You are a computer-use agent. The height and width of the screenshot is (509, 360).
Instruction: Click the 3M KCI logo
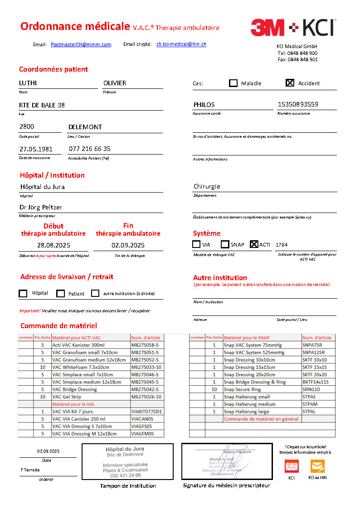(292, 28)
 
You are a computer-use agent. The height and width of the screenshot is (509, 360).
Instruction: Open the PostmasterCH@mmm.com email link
(81, 44)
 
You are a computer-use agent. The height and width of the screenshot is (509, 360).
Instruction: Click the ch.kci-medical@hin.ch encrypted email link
(181, 44)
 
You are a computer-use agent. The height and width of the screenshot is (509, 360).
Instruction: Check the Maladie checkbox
(233, 83)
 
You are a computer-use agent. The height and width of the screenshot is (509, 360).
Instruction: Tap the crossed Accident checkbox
(290, 82)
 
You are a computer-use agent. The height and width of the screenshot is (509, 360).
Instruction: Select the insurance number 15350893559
(297, 104)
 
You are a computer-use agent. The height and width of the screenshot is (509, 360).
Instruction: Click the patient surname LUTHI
(28, 83)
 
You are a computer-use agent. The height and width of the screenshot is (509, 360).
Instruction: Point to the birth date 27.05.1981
(36, 149)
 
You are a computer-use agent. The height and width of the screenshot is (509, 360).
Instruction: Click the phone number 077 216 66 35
(89, 149)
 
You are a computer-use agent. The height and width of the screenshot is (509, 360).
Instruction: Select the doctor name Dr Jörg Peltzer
(41, 207)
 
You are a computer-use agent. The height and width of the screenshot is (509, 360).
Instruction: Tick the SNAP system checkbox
(225, 244)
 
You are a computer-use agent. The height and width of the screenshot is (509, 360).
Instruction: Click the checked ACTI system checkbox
(254, 244)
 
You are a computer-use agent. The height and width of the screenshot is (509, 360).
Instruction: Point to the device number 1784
(282, 245)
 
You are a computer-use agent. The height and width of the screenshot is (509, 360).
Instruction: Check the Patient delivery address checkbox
(60, 294)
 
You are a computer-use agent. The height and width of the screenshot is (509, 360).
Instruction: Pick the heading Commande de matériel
(58, 326)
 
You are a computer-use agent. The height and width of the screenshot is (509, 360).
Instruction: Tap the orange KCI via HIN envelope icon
(317, 466)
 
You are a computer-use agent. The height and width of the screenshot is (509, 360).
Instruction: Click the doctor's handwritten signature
(231, 461)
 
